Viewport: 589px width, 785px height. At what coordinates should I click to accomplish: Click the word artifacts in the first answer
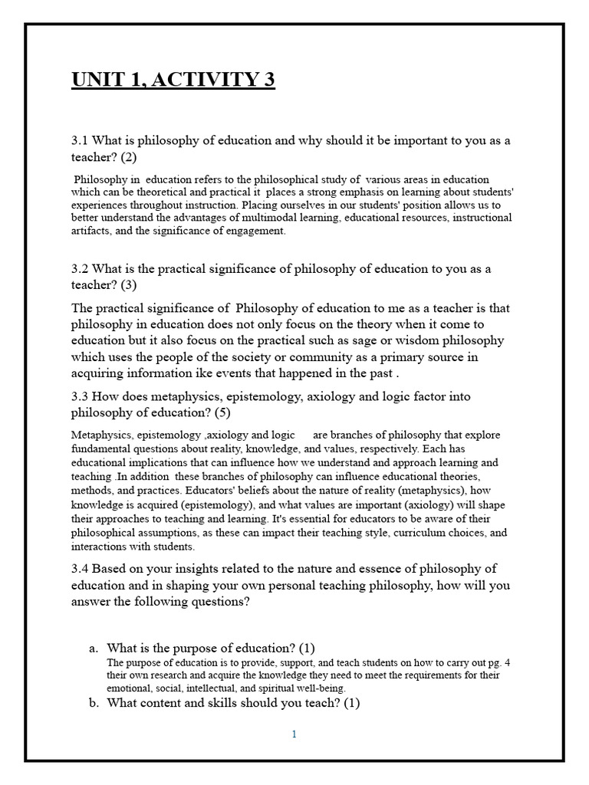[94, 231]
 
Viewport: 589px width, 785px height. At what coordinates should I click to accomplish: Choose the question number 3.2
[81, 268]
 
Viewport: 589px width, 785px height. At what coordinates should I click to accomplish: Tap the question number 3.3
[81, 396]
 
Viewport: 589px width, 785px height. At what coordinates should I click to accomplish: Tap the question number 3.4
[81, 568]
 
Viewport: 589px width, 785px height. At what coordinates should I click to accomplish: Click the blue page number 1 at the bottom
[294, 734]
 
